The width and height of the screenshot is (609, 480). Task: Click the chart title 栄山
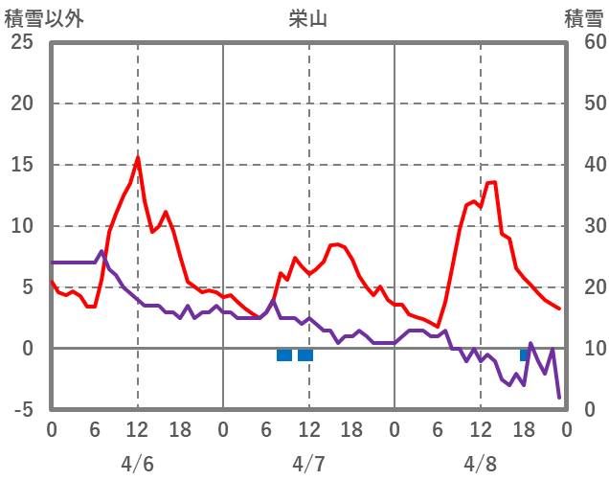click(307, 18)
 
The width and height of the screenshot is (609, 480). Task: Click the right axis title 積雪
click(583, 18)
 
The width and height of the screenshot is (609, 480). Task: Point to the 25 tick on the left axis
click(22, 42)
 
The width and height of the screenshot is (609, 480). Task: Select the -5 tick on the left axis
click(25, 410)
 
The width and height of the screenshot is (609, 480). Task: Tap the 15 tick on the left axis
click(22, 165)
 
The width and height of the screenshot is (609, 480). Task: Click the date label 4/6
click(137, 464)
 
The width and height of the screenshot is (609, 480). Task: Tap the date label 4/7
click(308, 464)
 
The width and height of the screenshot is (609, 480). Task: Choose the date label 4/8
click(481, 464)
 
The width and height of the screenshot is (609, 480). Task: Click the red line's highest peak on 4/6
click(138, 157)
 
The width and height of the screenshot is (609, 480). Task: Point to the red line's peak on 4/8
click(494, 182)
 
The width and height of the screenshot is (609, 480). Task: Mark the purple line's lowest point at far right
click(559, 397)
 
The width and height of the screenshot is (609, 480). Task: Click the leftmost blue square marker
click(284, 355)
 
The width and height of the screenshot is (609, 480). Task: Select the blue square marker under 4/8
click(525, 354)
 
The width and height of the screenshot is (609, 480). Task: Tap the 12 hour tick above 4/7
click(308, 431)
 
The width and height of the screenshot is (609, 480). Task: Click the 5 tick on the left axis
click(28, 287)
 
